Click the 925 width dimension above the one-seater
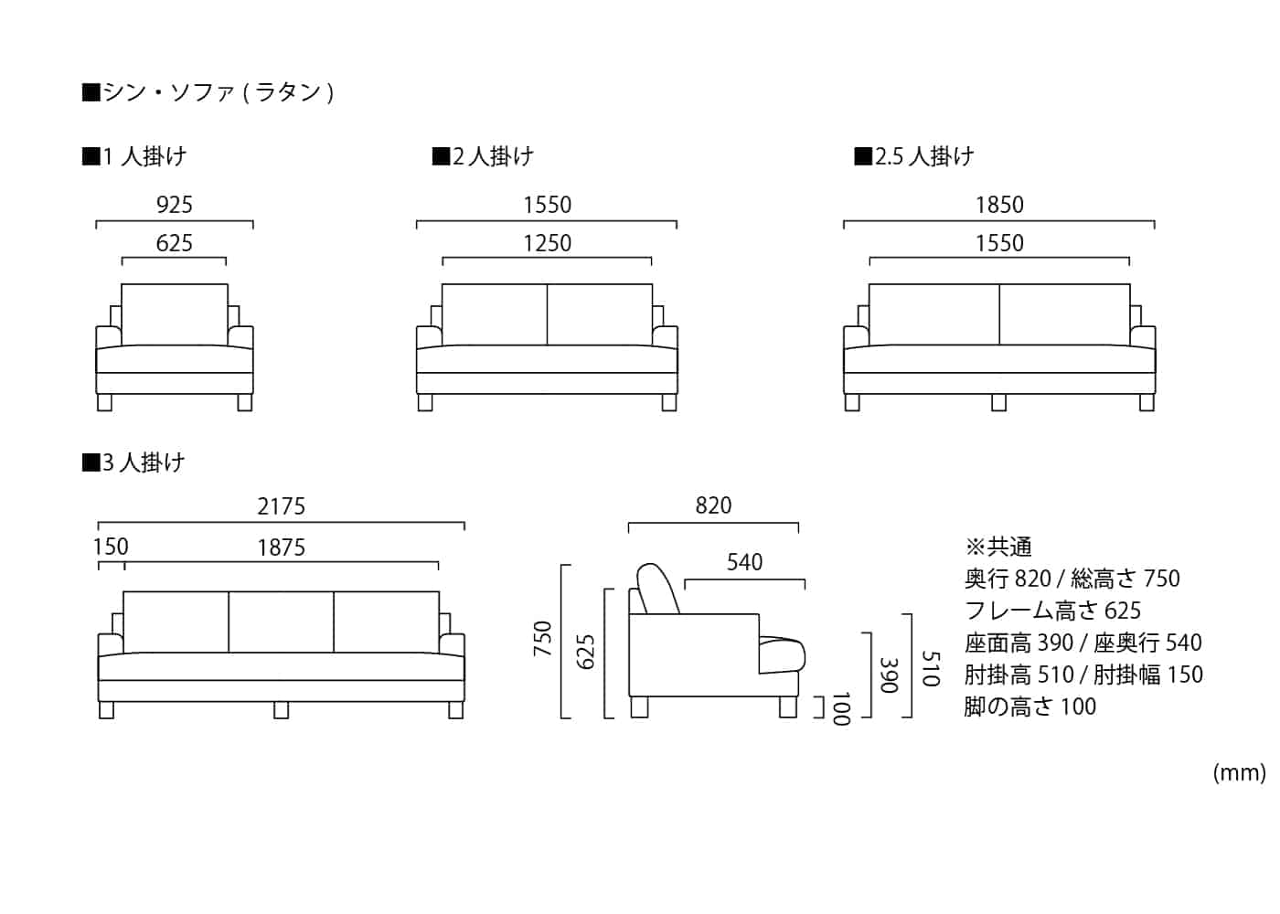point(174,205)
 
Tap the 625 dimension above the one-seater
point(174,243)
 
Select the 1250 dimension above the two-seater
point(547,243)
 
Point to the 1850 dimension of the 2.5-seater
point(998,205)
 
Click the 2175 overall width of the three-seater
point(281,506)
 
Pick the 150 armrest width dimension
point(111,547)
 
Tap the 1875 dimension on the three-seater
point(281,547)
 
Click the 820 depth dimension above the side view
point(713,505)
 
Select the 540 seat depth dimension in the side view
point(744,562)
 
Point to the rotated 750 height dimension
point(543,639)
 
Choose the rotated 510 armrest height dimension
point(930,668)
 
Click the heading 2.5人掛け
point(914,156)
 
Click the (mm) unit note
point(1239,773)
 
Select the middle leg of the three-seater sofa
point(281,709)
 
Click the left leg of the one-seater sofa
point(104,402)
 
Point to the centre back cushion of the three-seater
point(281,622)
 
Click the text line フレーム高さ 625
point(1052,611)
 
